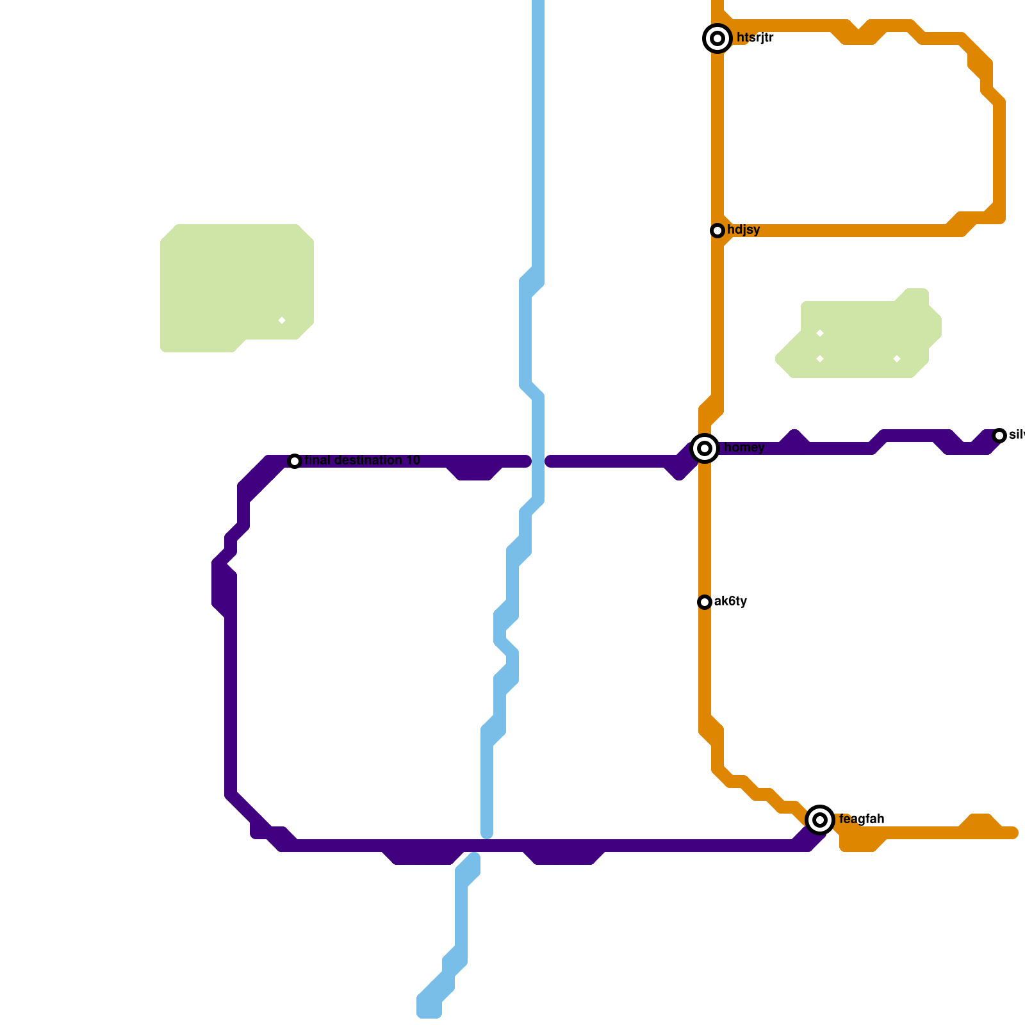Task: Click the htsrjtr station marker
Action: [x=717, y=38]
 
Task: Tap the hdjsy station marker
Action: [x=717, y=231]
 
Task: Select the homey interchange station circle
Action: [x=705, y=448]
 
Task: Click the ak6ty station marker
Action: [x=705, y=602]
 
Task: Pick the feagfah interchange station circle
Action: [x=820, y=820]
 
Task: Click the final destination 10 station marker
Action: [x=295, y=461]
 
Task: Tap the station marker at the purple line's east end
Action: [x=999, y=436]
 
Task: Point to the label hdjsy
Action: [x=744, y=230]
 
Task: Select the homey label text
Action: [x=744, y=448]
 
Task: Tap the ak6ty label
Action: [x=730, y=602]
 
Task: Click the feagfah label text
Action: [x=862, y=819]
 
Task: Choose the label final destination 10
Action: [x=363, y=461]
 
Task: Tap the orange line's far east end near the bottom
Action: [x=1013, y=833]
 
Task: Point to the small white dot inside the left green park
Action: [x=282, y=320]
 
